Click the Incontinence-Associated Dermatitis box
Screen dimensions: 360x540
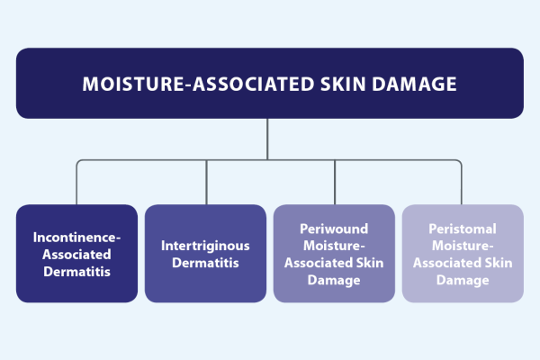click(x=76, y=253)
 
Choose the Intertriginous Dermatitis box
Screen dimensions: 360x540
click(x=205, y=253)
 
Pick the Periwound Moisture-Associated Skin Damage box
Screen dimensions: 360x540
click(x=334, y=253)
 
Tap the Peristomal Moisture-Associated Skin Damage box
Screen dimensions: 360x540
click(x=462, y=253)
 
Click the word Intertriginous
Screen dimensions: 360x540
click(x=205, y=244)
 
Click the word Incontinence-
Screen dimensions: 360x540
click(x=76, y=237)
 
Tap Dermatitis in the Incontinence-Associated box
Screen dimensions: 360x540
click(x=76, y=270)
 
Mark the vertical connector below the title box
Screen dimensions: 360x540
click(x=269, y=139)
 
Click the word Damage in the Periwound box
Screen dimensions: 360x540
click(x=334, y=279)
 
